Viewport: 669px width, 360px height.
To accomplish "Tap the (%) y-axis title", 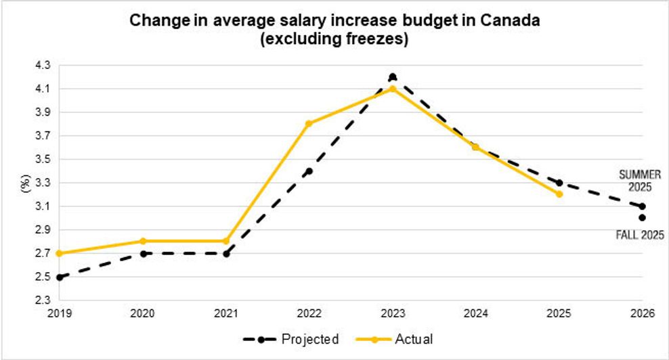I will (26, 183).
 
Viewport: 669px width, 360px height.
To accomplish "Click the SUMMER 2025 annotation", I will (640, 180).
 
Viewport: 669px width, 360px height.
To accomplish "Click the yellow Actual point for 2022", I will (309, 124).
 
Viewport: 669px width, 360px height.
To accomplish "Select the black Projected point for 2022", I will (309, 171).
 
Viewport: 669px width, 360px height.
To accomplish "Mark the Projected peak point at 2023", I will (393, 77).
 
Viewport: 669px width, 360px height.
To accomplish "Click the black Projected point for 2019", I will (60, 277).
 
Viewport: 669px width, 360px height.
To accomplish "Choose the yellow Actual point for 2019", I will (60, 253).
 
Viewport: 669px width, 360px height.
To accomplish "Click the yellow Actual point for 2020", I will (143, 242).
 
